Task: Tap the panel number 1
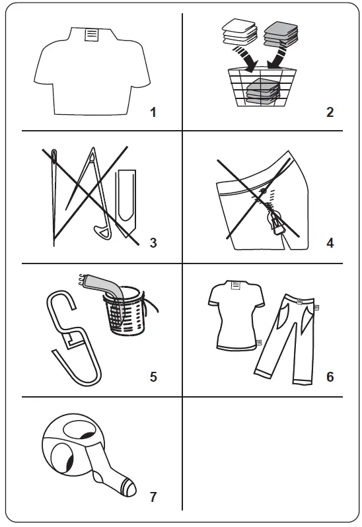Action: coord(153,112)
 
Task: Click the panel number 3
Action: coord(153,242)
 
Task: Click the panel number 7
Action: coord(153,496)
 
